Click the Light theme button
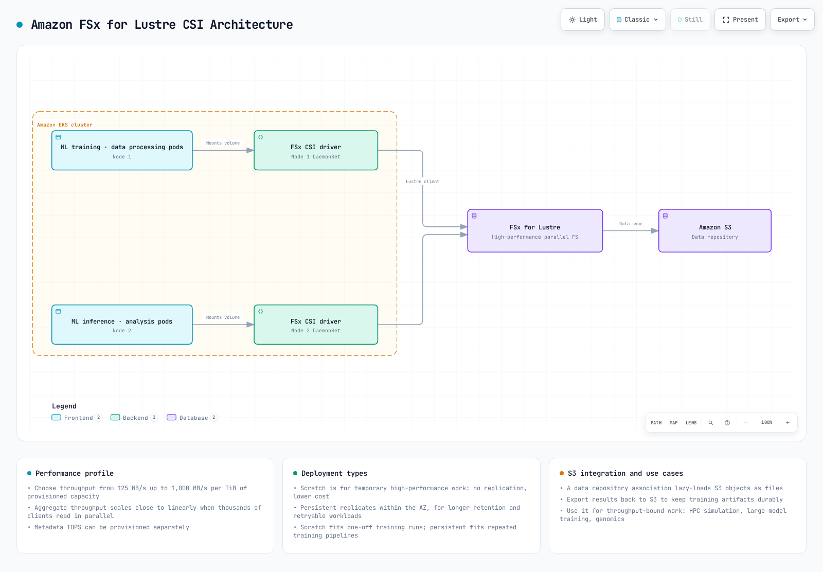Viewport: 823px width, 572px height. [582, 20]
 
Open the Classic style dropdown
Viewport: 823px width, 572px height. [637, 20]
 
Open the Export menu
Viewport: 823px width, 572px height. [792, 20]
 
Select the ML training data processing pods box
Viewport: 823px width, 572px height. [122, 150]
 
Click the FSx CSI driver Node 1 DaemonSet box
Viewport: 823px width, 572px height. [316, 150]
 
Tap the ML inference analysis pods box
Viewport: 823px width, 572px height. [122, 325]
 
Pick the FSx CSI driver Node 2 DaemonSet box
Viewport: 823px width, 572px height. [316, 325]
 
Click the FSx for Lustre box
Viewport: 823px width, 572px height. [535, 231]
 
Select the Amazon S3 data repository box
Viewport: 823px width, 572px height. [714, 231]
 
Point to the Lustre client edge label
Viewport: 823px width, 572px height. [422, 182]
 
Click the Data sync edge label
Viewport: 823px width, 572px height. [631, 224]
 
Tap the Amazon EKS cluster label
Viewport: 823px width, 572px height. [65, 125]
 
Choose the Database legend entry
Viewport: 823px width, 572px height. [192, 418]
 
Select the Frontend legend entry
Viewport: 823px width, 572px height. [77, 418]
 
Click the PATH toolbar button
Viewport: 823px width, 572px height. [656, 423]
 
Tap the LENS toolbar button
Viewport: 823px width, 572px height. [691, 423]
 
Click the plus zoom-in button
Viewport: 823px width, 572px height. [788, 423]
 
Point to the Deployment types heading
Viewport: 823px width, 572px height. [334, 474]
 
